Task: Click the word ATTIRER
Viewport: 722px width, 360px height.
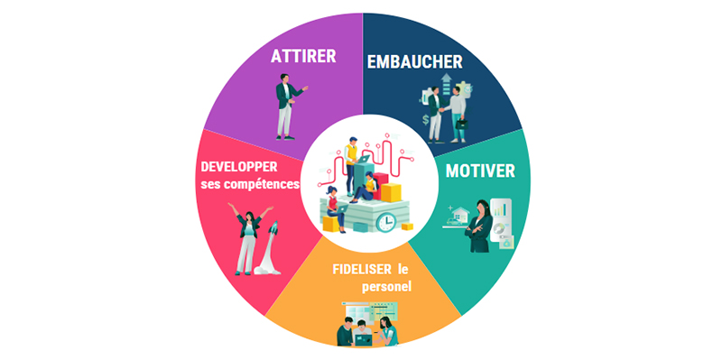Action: click(x=303, y=56)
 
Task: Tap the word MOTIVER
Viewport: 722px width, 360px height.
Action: click(x=481, y=171)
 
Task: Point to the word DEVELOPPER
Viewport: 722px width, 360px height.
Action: click(x=238, y=167)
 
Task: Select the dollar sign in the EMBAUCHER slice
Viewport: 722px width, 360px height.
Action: click(x=425, y=119)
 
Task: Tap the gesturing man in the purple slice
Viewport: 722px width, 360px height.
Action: click(x=287, y=106)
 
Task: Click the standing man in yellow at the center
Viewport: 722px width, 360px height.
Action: click(x=351, y=162)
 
